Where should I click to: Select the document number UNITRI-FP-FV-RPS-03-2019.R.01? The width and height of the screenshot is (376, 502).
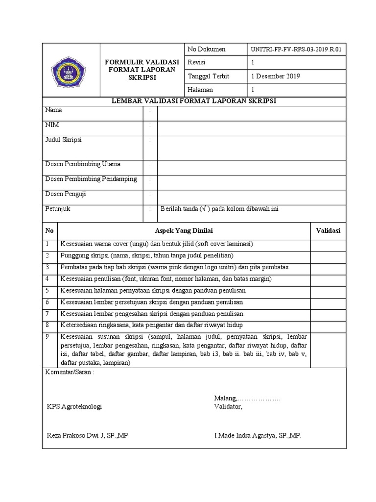tap(295, 50)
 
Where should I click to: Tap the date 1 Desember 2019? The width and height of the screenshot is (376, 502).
tap(276, 76)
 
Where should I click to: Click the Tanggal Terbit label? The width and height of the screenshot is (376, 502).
tap(208, 76)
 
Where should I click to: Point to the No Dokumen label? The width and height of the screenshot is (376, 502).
tap(207, 50)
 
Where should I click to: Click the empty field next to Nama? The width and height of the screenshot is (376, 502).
tap(252, 113)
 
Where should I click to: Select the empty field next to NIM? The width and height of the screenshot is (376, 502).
tap(252, 128)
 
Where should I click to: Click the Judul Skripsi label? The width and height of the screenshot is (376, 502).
tap(64, 140)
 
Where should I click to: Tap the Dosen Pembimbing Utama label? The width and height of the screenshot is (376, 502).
tap(83, 164)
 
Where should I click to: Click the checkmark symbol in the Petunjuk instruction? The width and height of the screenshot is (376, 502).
tap(203, 209)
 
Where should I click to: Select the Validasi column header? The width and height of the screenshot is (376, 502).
tap(328, 231)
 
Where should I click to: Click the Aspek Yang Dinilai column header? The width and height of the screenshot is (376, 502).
tap(184, 231)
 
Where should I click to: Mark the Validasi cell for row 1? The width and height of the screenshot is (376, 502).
tap(328, 244)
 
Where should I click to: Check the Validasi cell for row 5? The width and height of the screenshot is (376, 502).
tap(328, 291)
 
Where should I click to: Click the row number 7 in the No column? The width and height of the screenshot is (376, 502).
tap(47, 314)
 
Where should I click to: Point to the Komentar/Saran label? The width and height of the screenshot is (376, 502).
tap(69, 372)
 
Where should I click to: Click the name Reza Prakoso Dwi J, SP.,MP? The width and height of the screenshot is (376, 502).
tap(87, 435)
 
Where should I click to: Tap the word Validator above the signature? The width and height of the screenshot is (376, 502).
tap(228, 406)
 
